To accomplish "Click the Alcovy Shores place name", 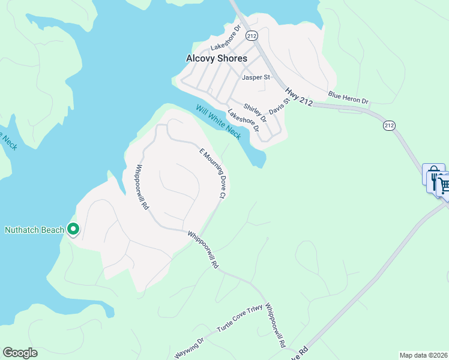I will [216, 58].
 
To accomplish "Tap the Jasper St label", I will [256, 77].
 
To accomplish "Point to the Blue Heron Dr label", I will [348, 98].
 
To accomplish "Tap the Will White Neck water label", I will [218, 122].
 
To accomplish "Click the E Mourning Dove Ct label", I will [212, 173].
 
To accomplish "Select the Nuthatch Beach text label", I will [34, 230].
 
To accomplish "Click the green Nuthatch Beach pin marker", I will [73, 229].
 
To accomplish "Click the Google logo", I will [20, 353].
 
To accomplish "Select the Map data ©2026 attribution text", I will [424, 355].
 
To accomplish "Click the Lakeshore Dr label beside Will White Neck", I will [243, 120].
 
